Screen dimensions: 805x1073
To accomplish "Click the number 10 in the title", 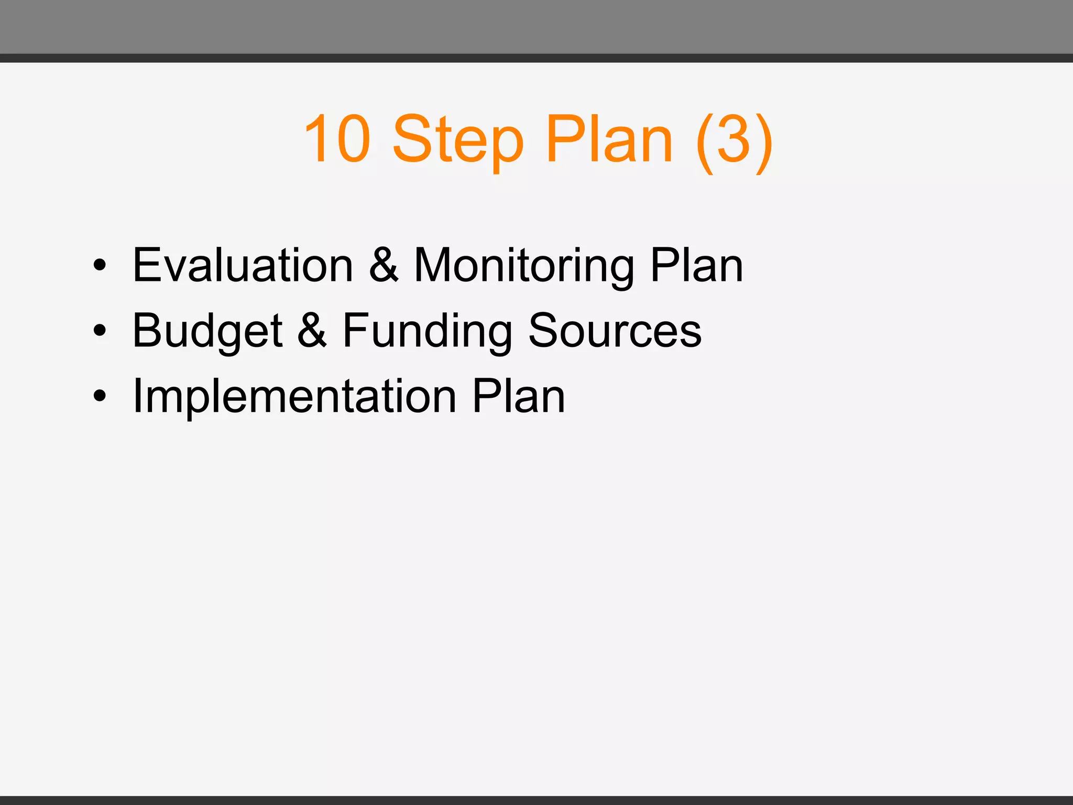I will [338, 139].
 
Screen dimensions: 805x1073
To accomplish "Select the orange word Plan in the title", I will [609, 139].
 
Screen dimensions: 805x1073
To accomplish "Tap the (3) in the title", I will [734, 140].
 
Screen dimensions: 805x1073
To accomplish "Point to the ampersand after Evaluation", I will [384, 265].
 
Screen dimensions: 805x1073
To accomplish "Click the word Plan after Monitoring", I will [696, 265].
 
